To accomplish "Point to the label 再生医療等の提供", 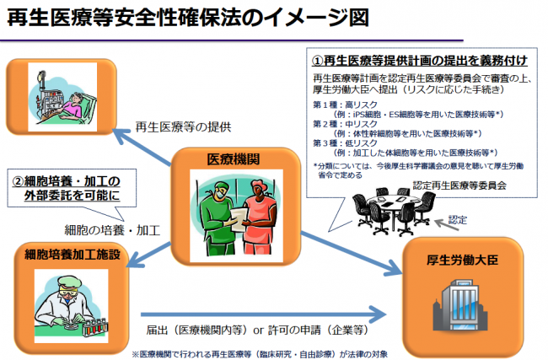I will pos(184,127).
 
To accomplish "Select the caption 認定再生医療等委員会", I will pos(456,185).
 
